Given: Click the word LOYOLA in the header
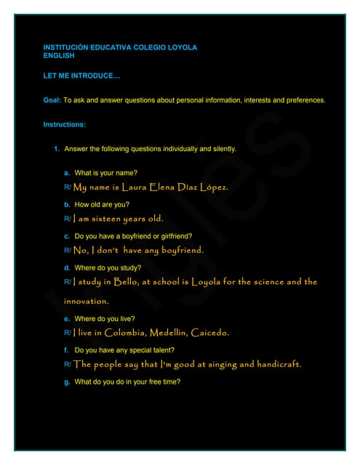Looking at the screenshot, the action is (x=182, y=47).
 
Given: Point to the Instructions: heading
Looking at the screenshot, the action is (x=65, y=124).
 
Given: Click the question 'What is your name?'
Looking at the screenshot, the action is (x=106, y=173).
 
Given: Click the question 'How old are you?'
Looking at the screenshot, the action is (x=102, y=205).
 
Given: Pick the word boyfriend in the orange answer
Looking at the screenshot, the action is (x=181, y=250).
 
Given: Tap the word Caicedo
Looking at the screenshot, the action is (x=209, y=333).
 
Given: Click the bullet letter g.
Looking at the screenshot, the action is (x=67, y=382).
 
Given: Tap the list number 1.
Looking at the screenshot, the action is (x=57, y=149).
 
